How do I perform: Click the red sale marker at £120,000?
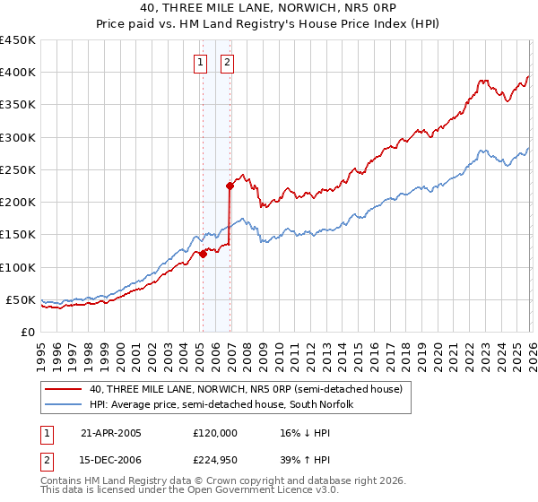tap(203, 254)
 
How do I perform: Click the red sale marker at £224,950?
tap(230, 186)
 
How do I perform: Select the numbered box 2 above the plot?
tap(227, 63)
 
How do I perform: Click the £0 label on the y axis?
tap(27, 332)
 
